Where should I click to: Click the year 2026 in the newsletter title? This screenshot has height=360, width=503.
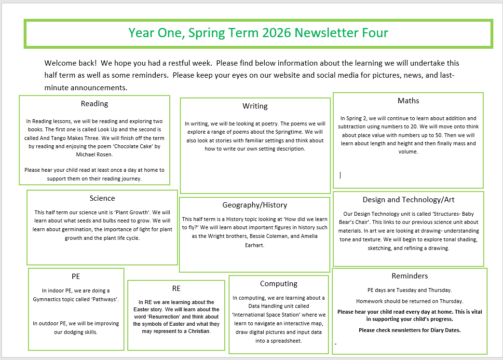[x=277, y=33]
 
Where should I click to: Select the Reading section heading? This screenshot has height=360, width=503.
[x=95, y=104]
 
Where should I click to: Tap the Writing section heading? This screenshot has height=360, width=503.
[x=255, y=106]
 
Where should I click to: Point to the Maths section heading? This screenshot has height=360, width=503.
[x=408, y=101]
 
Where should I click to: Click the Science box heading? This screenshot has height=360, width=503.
[x=102, y=198]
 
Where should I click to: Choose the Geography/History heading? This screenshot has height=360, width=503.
[x=255, y=205]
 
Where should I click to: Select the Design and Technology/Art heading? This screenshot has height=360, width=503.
[x=408, y=200]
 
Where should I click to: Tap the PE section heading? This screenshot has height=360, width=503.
[x=76, y=277]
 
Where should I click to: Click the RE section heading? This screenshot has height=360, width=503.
[x=176, y=289]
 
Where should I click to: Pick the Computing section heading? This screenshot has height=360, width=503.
[x=279, y=284]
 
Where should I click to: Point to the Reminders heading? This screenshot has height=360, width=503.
[x=409, y=276]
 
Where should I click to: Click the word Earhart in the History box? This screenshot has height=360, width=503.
[x=255, y=245]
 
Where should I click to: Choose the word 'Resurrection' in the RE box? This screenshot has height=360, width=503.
[x=165, y=309]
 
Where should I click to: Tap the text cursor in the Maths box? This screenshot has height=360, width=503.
[x=340, y=175]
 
